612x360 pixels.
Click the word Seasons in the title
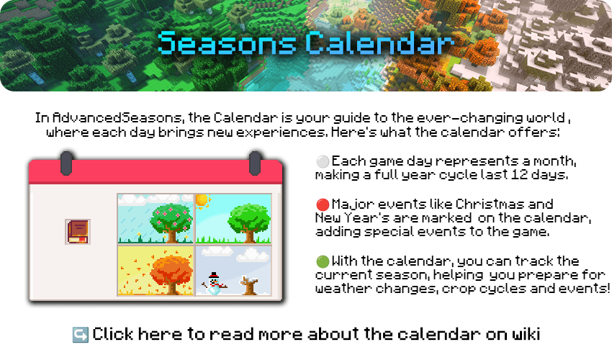coord(227,42)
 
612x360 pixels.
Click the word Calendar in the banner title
coord(379,42)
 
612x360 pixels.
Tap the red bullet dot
coord(323,204)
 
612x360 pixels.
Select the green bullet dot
coord(323,261)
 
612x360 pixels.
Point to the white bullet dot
coord(323,161)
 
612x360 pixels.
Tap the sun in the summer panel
coord(202,201)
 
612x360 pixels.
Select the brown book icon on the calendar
coord(78,232)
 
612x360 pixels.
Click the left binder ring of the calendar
coord(66,163)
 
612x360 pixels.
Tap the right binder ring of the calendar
coord(255,163)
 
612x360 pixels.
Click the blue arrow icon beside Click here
coord(81,335)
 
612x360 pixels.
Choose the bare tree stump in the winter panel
coord(248,286)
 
